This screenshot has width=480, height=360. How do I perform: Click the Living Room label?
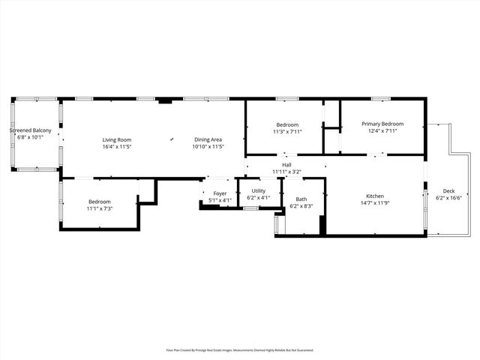pos(117,139)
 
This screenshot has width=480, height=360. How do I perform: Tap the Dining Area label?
pos(208,139)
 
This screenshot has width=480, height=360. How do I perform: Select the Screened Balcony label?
pos(31,131)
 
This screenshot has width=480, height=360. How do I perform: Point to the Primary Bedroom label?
pos(382,124)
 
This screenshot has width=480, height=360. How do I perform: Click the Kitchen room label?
pos(375,196)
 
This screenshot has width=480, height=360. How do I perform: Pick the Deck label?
pos(448,191)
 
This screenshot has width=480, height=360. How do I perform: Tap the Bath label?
pos(301,199)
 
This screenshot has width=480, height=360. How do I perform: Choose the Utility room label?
pos(259,190)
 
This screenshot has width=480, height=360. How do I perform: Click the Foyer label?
pos(220,193)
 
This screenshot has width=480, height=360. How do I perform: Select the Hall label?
pos(286,165)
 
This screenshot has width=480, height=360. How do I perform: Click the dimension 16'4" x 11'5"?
pos(117,146)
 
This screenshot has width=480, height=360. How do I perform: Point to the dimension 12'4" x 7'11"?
pos(382,131)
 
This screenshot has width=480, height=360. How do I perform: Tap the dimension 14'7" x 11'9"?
pos(375,202)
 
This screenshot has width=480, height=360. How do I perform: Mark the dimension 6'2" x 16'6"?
pos(448,198)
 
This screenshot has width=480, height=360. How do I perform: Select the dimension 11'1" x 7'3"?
pos(100,208)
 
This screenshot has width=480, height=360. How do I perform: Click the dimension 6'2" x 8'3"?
pos(301,205)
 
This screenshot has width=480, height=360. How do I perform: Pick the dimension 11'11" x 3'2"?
pos(286,172)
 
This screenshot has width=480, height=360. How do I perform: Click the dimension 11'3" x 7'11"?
pos(287,131)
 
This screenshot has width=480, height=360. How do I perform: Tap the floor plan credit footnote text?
pos(240,349)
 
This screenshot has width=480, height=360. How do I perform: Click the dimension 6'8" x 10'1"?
pos(31,138)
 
